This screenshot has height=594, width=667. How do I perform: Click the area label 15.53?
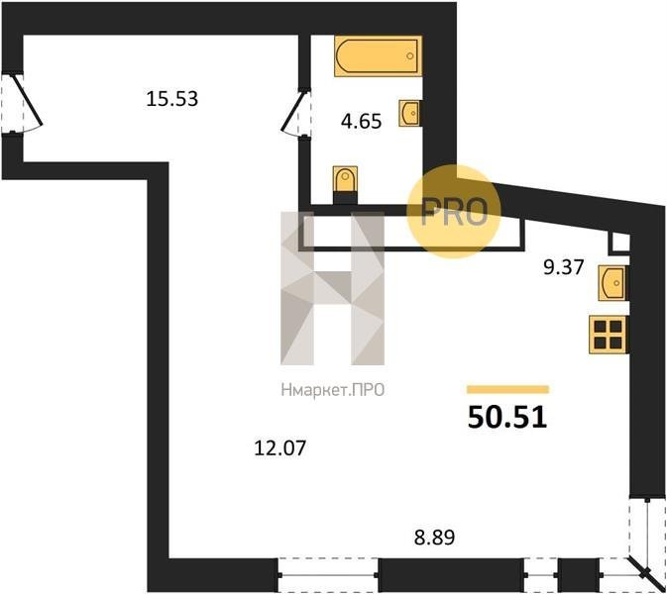(x=171, y=99)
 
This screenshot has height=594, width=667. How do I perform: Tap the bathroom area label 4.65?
(x=361, y=122)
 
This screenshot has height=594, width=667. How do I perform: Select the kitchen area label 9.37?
(x=564, y=267)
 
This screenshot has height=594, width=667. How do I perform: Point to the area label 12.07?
(x=279, y=447)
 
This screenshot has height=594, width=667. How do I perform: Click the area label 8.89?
(x=434, y=537)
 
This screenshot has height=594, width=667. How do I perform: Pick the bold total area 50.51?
(x=507, y=417)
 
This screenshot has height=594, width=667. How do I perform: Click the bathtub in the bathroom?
(x=379, y=56)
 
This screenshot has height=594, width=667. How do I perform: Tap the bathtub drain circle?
(x=410, y=56)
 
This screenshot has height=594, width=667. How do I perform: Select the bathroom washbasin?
(x=410, y=113)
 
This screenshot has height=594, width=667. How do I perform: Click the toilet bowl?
(x=345, y=179)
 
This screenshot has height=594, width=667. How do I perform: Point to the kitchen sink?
(x=612, y=282)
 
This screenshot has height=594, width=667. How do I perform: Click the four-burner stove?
(x=609, y=335)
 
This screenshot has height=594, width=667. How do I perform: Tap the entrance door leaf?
(x=28, y=101)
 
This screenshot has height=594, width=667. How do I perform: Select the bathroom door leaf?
(x=293, y=111)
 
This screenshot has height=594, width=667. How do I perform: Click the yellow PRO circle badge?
(x=454, y=212)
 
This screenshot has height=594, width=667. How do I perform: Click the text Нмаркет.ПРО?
(x=333, y=390)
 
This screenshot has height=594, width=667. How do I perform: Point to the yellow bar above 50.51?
(x=507, y=390)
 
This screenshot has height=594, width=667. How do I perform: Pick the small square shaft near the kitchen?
(x=619, y=244)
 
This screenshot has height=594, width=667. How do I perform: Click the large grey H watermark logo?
(x=332, y=288)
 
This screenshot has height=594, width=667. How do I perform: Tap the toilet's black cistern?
(x=345, y=198)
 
